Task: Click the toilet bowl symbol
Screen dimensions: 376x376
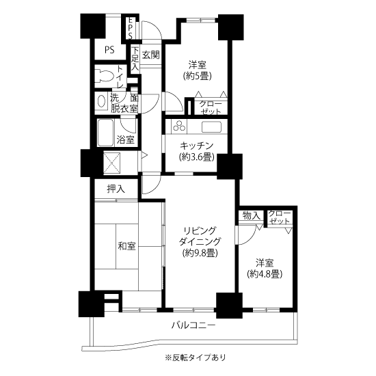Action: click(104, 75)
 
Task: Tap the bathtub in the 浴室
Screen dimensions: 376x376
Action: click(105, 133)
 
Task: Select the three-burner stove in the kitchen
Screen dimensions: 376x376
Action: click(179, 126)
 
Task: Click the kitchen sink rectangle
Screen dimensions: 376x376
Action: click(211, 127)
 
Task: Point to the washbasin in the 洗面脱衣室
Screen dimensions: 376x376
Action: click(102, 101)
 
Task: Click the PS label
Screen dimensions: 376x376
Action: click(109, 50)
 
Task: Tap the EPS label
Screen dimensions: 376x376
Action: click(130, 28)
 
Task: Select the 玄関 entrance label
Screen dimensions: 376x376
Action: click(151, 55)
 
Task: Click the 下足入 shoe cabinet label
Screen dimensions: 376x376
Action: click(135, 59)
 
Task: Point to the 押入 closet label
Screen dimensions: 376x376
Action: click(116, 189)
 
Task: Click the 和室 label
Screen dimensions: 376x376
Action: click(127, 246)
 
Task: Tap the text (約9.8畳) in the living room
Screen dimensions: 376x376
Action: click(200, 252)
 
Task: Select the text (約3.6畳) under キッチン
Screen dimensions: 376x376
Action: click(196, 157)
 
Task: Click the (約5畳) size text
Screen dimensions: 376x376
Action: click(198, 77)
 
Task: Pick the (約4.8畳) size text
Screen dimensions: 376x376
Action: click(265, 273)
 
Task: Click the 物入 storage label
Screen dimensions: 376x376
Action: click(252, 215)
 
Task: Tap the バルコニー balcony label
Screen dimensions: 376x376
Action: click(193, 325)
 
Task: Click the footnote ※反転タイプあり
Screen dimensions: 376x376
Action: click(196, 358)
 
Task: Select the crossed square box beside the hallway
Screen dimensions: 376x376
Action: click(111, 163)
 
